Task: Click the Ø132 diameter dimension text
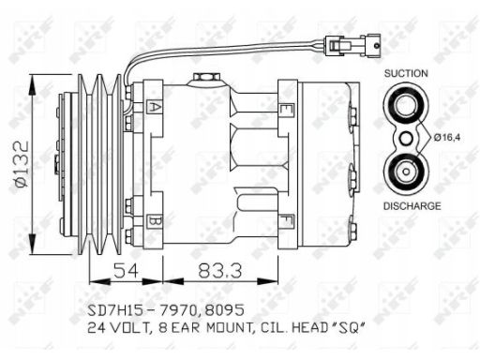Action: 22,164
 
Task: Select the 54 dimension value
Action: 126,271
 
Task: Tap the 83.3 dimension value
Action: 220,271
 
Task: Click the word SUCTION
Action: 406,73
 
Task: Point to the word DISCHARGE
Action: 412,206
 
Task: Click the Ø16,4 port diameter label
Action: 447,137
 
